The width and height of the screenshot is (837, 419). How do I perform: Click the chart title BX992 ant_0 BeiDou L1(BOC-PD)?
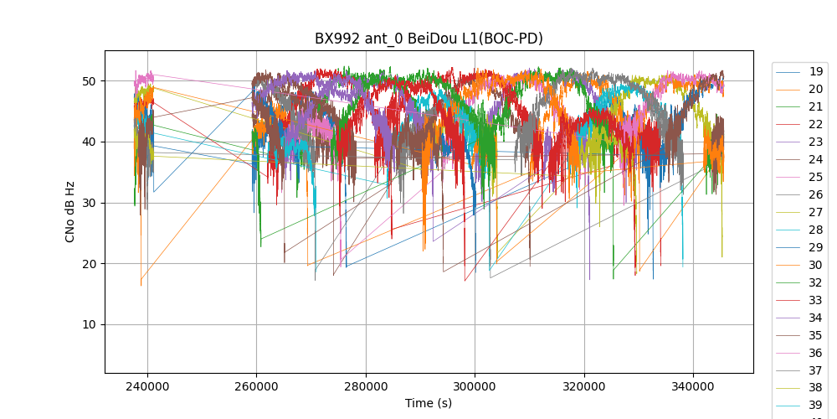pos(429,39)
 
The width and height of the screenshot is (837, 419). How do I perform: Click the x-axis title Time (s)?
pos(429,403)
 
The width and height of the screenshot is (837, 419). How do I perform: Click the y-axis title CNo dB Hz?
pos(70,211)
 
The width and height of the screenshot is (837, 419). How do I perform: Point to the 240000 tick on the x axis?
pos(147,386)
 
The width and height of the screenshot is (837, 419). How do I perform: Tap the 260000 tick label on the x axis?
pos(256,386)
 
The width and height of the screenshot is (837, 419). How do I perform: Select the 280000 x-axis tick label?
pos(366,386)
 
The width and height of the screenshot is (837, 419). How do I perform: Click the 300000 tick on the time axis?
pos(475,386)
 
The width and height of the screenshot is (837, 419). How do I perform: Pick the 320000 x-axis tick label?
pos(584,386)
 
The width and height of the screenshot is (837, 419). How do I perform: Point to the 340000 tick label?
pos(693,386)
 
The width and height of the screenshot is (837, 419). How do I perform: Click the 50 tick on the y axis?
pos(89,81)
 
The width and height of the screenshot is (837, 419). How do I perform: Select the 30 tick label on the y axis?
pos(89,203)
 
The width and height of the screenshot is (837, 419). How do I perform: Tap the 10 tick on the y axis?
pos(89,325)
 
